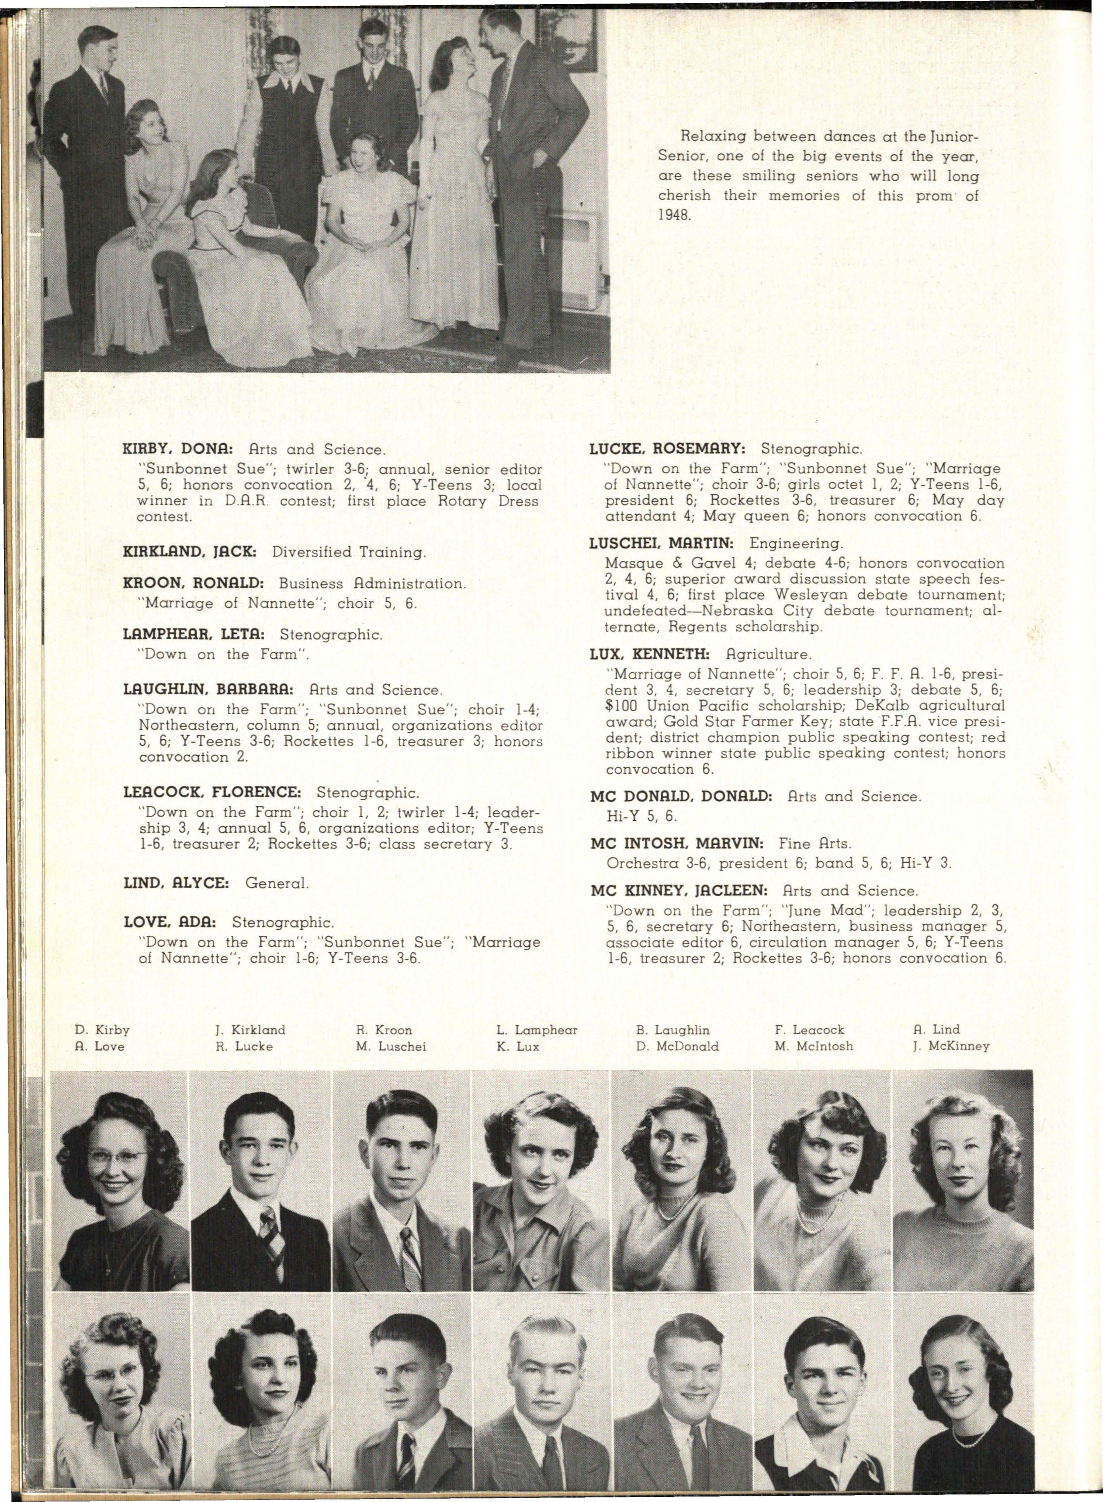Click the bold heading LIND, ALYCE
176,883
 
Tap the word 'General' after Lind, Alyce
277,883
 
